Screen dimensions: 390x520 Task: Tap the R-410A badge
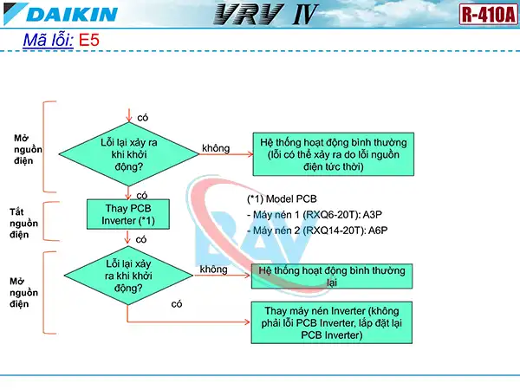487,15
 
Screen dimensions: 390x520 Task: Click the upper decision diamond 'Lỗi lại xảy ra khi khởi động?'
127,153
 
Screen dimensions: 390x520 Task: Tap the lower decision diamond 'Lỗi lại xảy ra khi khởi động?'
127,276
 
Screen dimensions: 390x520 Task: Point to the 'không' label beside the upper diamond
216,148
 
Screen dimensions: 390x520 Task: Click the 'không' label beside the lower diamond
213,270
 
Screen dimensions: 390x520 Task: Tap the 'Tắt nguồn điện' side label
19,222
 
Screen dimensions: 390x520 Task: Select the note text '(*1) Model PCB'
282,198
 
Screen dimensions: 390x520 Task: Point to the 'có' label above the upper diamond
142,116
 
